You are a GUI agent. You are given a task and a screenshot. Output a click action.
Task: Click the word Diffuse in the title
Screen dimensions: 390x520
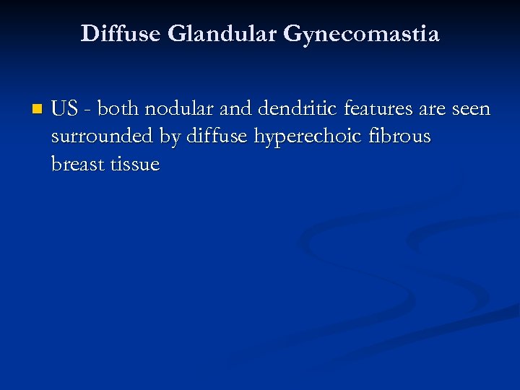coord(121,34)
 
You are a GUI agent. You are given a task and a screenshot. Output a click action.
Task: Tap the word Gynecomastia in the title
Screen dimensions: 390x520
coord(362,34)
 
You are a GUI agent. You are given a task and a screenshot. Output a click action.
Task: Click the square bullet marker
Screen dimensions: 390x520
coord(38,110)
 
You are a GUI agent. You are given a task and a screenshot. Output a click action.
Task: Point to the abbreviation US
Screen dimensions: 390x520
coord(64,109)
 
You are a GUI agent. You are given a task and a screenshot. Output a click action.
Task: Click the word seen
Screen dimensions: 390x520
coord(471,109)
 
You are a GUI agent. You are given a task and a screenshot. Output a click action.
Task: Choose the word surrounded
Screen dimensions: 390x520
coord(98,136)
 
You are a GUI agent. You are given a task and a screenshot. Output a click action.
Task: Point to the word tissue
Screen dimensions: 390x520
coord(135,164)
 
